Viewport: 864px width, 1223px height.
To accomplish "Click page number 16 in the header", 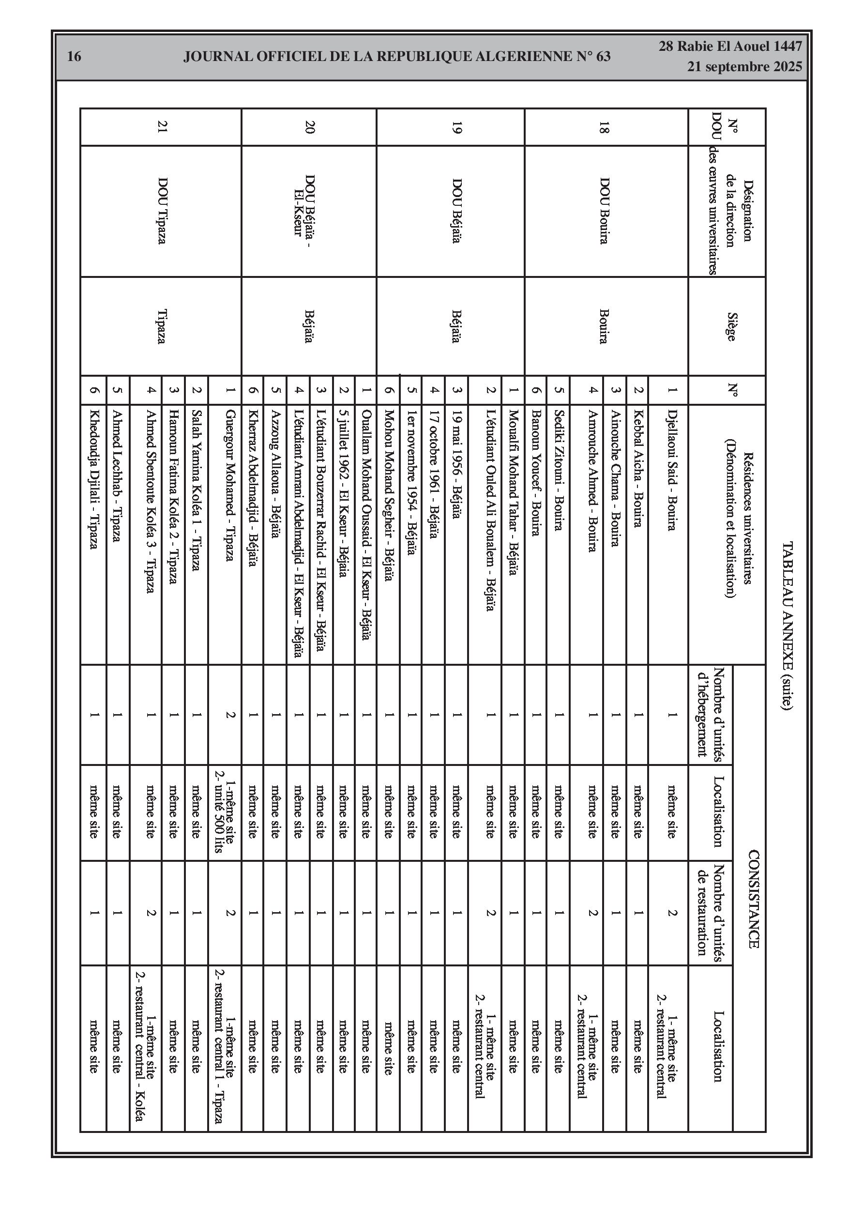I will (x=74, y=57).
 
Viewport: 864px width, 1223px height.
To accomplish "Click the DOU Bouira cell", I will (x=604, y=211).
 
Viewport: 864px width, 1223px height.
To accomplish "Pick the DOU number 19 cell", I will (x=456, y=127).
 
